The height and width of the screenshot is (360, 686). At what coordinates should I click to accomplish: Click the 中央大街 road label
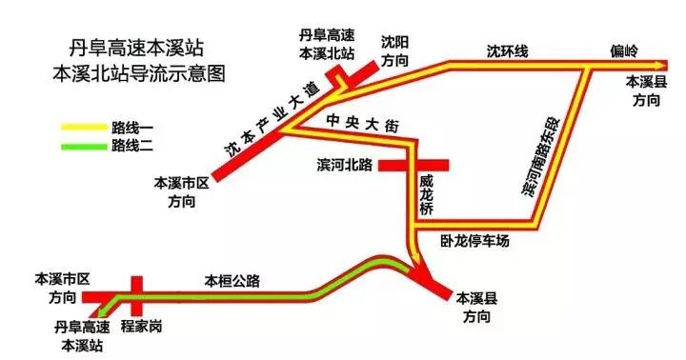pyautogui.click(x=368, y=121)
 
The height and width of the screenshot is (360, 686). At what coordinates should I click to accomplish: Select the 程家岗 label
pyautogui.click(x=142, y=327)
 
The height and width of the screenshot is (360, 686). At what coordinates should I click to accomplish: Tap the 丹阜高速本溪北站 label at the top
pyautogui.click(x=327, y=43)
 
